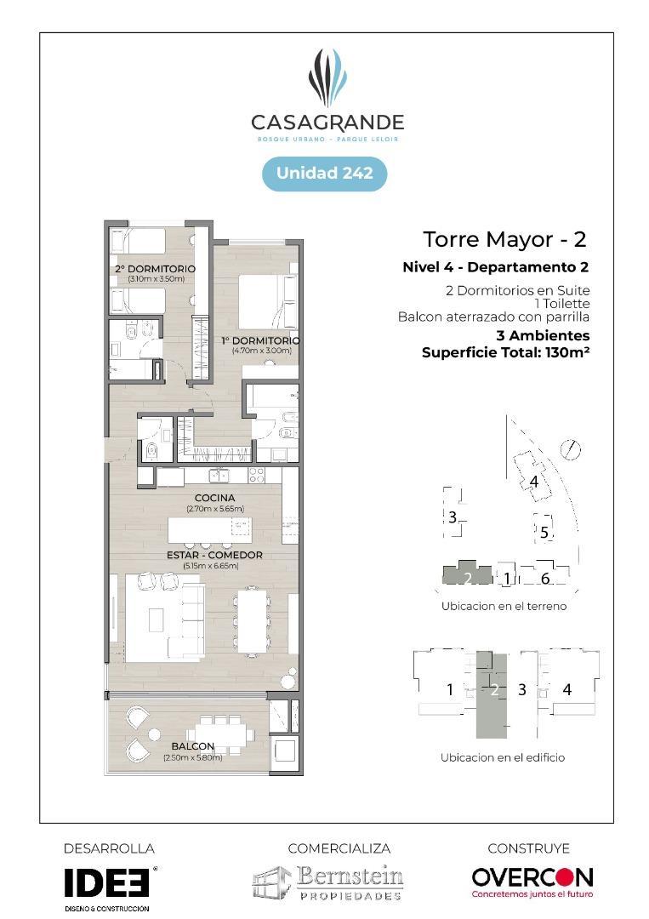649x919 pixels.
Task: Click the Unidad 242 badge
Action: pos(325,174)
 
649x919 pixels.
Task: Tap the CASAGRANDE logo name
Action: pos(327,123)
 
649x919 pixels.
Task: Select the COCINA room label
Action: pos(215,498)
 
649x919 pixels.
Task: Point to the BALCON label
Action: pos(193,746)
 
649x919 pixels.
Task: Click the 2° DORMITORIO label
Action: pos(155,268)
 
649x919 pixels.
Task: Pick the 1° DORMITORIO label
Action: pos(260,340)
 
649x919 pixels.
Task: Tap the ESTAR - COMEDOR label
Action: pos(214,555)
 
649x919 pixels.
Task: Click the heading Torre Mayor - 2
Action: pos(504,239)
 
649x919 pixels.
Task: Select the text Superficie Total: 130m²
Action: pos(505,352)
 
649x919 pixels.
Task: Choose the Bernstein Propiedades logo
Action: pos(328,882)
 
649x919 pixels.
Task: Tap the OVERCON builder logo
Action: pos(532,882)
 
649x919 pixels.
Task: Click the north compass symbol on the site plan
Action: pos(570,449)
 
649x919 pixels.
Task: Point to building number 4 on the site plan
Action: pos(533,481)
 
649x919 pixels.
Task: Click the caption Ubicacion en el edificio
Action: pos(503,757)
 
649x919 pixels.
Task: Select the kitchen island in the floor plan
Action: pos(210,529)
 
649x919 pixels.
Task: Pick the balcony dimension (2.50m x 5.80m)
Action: pos(193,757)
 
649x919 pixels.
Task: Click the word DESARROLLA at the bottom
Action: pos(109,848)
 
